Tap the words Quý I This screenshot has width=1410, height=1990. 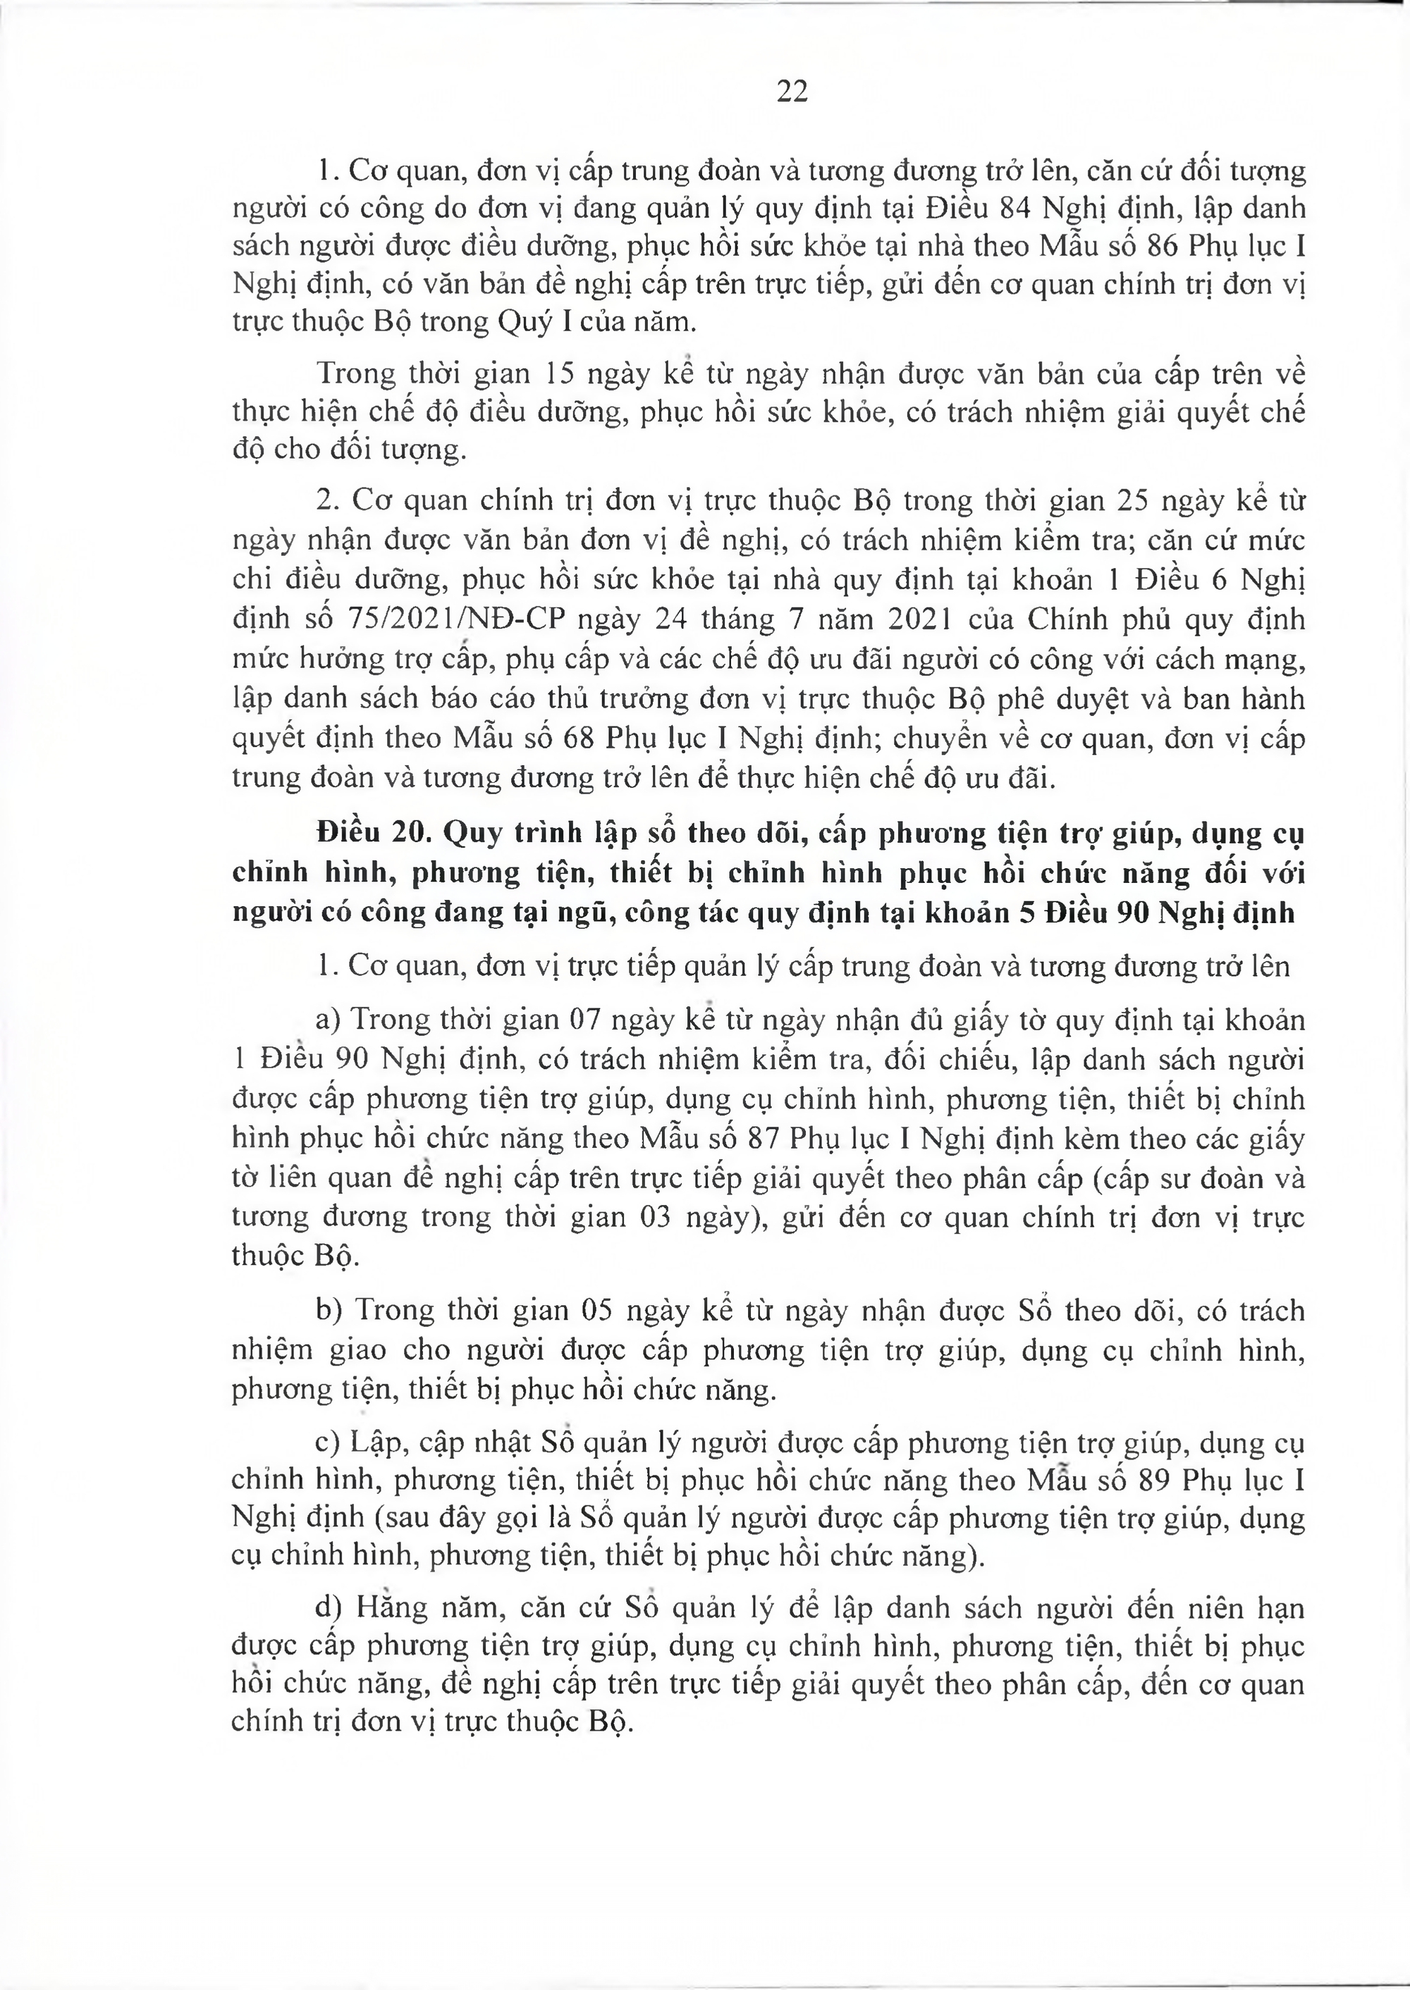529,321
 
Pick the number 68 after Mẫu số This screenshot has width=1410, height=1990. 571,738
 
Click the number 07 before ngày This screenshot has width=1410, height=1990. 585,1019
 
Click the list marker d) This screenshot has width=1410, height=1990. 330,1608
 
